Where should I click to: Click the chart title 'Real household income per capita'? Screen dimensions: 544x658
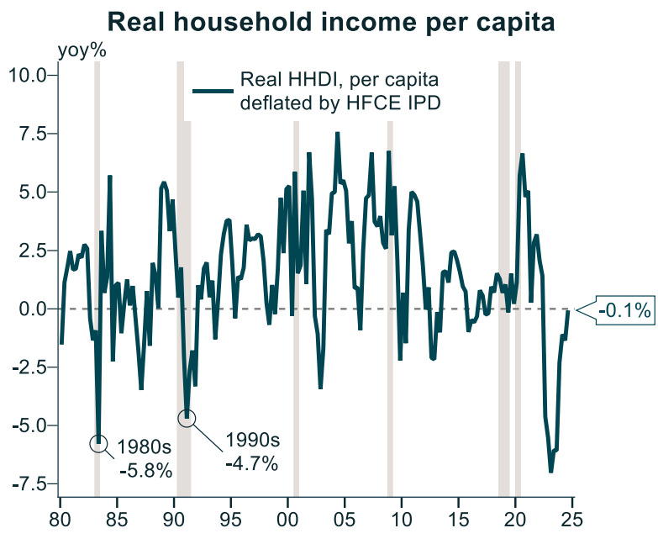(331, 22)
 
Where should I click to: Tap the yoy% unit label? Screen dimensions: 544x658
(82, 50)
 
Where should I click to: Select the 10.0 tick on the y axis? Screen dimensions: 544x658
(31, 76)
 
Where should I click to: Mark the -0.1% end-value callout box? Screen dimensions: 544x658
(624, 311)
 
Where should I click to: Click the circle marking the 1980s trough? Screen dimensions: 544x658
(99, 442)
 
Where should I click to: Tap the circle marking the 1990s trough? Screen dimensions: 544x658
(187, 417)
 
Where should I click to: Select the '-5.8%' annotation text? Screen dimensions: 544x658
(145, 470)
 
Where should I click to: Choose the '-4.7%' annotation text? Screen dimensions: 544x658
(250, 463)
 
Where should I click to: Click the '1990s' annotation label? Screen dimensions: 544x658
(251, 441)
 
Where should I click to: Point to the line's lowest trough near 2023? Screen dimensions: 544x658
(551, 471)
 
